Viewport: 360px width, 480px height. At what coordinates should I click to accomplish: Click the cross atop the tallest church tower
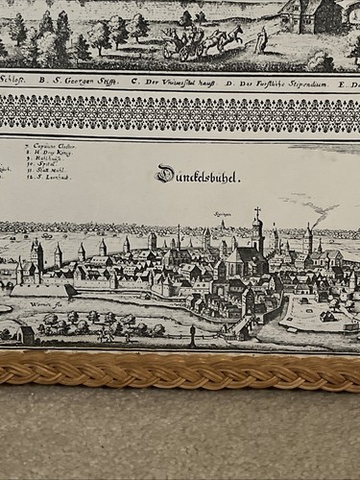pyautogui.click(x=257, y=211)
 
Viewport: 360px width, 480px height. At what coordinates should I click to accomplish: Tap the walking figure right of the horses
pyautogui.click(x=262, y=37)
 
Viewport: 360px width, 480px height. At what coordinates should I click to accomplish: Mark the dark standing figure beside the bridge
pyautogui.click(x=193, y=335)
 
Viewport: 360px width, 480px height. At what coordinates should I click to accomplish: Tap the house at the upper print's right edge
pyautogui.click(x=327, y=14)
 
